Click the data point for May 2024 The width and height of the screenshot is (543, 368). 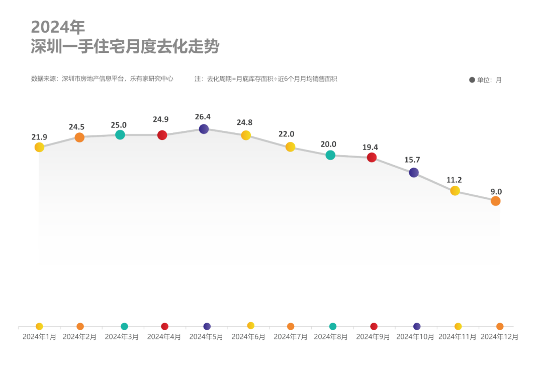[x=204, y=129]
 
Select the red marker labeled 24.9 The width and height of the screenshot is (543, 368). [x=162, y=135]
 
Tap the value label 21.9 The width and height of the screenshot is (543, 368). [x=39, y=137]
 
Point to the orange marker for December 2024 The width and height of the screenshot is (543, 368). [x=496, y=201]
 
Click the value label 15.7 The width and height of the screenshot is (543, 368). [x=412, y=160]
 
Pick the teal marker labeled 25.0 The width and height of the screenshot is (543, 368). [x=120, y=134]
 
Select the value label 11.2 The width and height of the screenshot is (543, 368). [x=454, y=179]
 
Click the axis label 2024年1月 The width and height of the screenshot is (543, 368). [x=39, y=337]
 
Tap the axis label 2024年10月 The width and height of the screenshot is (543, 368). [x=415, y=337]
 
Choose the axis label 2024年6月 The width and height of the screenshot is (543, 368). [x=248, y=337]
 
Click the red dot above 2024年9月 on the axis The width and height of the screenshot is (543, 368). [x=374, y=326]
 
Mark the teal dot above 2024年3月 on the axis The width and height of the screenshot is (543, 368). [x=124, y=326]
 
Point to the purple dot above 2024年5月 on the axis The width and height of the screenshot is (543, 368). [x=207, y=326]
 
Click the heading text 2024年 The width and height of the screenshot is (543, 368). [x=58, y=27]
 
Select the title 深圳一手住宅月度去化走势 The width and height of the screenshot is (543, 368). [x=125, y=47]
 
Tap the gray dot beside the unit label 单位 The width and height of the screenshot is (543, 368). [x=472, y=80]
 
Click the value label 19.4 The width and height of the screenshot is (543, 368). [x=370, y=148]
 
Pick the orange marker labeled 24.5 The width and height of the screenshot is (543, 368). [x=79, y=137]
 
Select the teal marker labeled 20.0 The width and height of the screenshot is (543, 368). [x=330, y=155]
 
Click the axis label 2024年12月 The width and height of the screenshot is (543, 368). [x=499, y=337]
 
